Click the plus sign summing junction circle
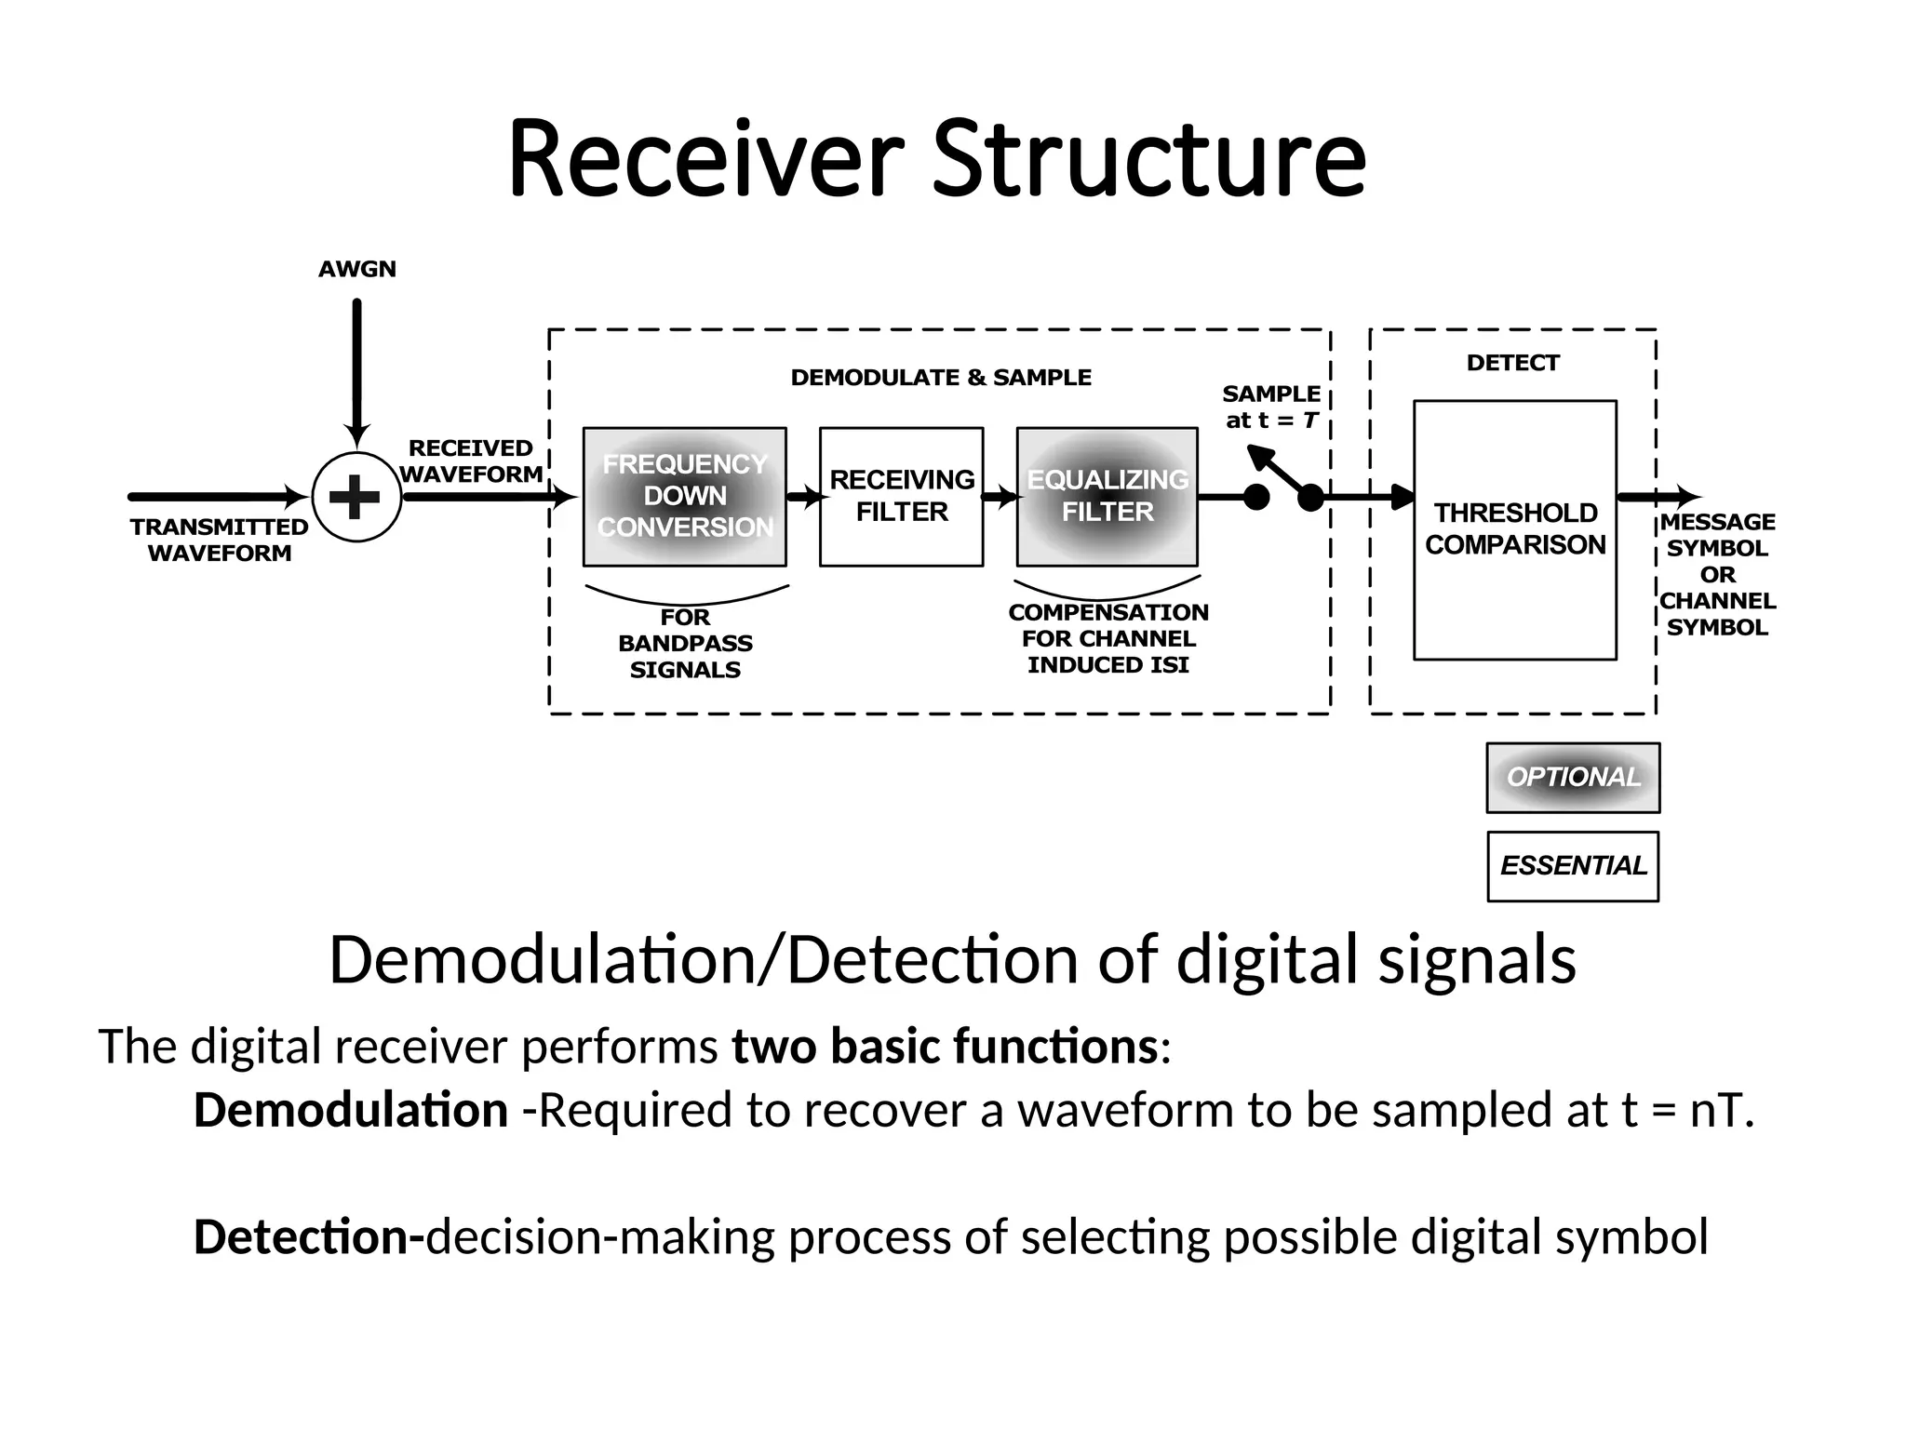click(x=356, y=497)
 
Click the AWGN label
click(x=357, y=270)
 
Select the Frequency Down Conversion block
click(x=684, y=497)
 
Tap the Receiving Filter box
click(x=901, y=497)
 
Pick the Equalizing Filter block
click(x=1107, y=497)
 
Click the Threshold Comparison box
click(x=1514, y=529)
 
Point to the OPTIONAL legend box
click(x=1573, y=778)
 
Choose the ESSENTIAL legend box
click(x=1573, y=866)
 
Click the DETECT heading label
click(x=1512, y=363)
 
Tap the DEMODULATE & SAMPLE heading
click(x=941, y=378)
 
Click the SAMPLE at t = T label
click(x=1271, y=407)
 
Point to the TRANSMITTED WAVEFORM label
click(x=220, y=540)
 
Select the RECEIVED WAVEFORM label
click(x=471, y=461)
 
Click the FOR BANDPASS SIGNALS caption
click(x=685, y=644)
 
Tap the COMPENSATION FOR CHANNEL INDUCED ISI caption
click(x=1107, y=638)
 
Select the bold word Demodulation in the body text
click(x=350, y=1110)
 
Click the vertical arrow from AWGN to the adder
click(x=356, y=372)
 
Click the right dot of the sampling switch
click(x=1310, y=499)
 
